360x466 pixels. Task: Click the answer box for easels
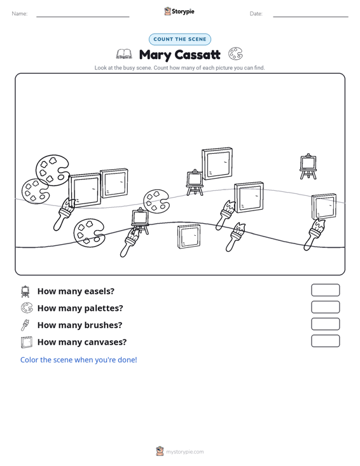click(325, 290)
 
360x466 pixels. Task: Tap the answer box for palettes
click(325, 307)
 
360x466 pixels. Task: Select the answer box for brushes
click(325, 324)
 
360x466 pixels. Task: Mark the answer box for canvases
click(325, 341)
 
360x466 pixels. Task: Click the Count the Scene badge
click(180, 39)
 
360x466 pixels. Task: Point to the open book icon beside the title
click(124, 54)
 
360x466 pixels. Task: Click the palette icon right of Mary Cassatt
click(235, 54)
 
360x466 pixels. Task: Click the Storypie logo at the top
click(179, 11)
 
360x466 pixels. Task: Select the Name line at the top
click(83, 17)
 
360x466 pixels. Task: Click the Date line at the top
click(310, 17)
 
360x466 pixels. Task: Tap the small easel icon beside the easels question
click(25, 291)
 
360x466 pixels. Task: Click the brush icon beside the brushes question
click(25, 325)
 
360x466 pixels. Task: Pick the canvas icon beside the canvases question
click(27, 342)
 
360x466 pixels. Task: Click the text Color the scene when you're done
click(78, 360)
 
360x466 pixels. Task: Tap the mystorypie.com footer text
click(185, 452)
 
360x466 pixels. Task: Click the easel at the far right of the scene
click(308, 167)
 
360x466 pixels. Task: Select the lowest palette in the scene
click(89, 233)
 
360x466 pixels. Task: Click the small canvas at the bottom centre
click(189, 236)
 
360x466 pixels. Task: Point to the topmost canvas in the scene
click(217, 163)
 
